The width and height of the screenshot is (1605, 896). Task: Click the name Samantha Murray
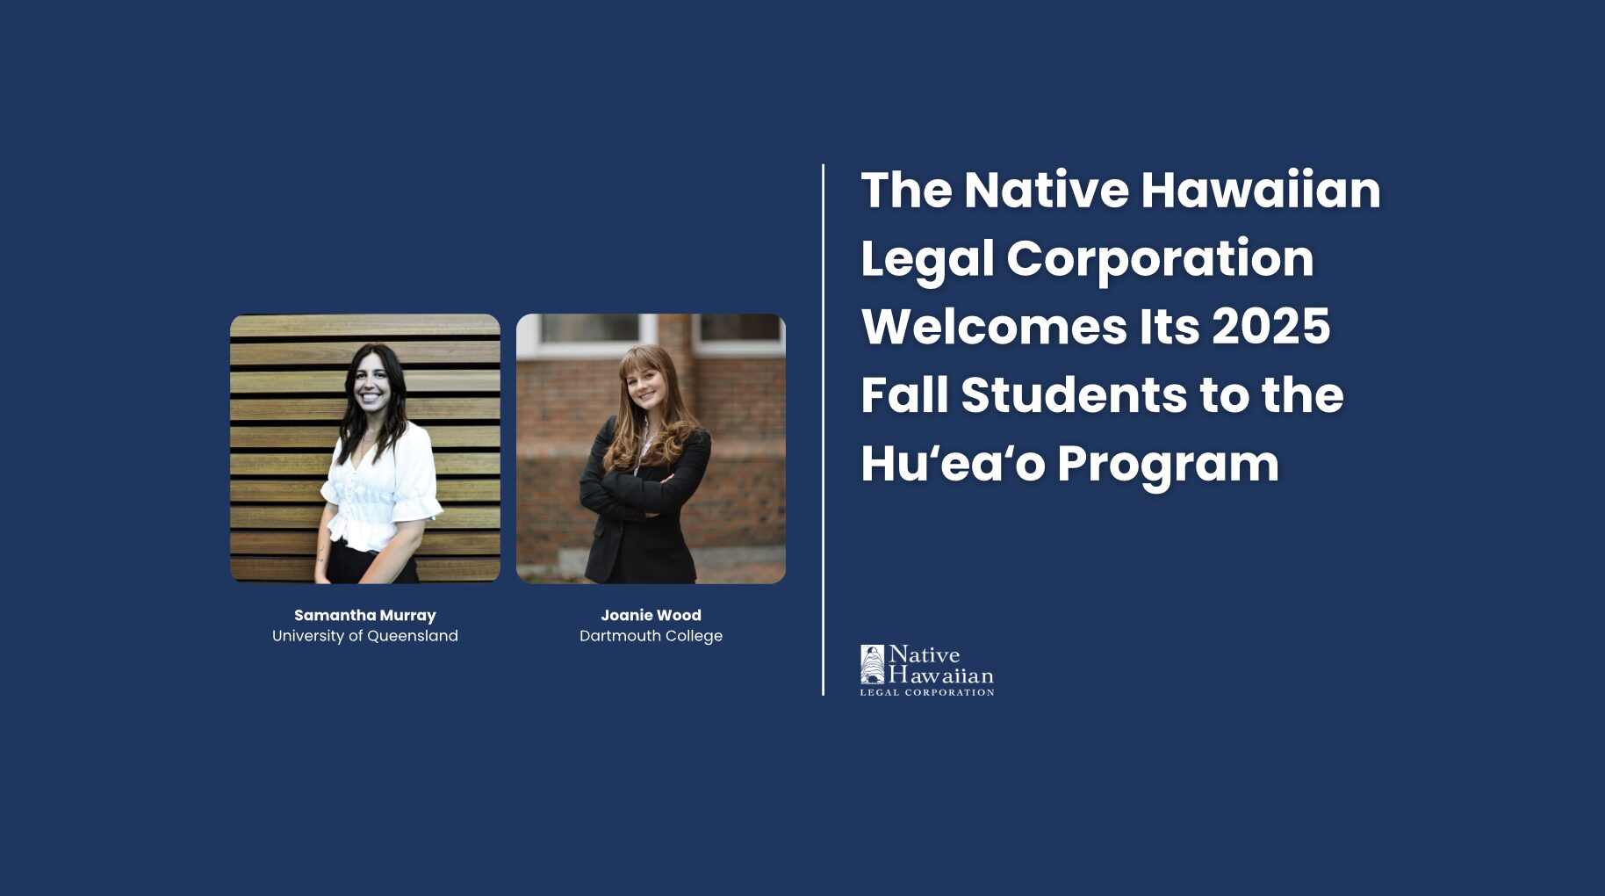[365, 615]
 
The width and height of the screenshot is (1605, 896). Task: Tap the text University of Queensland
[365, 636]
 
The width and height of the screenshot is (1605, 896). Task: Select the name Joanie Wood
[651, 615]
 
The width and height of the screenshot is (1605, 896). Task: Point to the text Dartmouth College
[651, 636]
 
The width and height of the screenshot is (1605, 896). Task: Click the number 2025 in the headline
[1271, 327]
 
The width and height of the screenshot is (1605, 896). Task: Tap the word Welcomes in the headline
[994, 327]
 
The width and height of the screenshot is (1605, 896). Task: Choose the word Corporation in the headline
[1160, 258]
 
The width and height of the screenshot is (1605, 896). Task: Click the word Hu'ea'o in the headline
[953, 464]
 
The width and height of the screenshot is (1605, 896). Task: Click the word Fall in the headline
[905, 395]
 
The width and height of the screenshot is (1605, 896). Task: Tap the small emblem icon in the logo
[872, 664]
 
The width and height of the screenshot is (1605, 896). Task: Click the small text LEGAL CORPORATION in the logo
[927, 692]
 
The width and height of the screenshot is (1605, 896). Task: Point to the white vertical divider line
[824, 430]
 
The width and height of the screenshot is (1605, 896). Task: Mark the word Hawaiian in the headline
[1261, 190]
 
